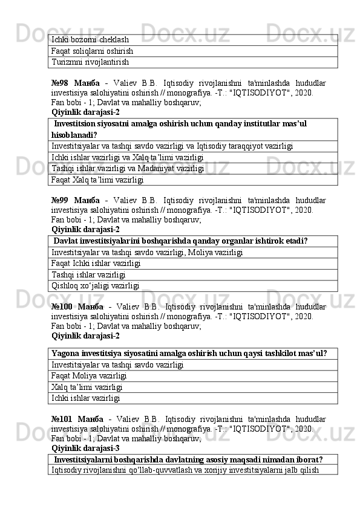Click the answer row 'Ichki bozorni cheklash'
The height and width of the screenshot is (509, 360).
coord(90,40)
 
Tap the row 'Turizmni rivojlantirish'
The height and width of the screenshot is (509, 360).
coord(90,62)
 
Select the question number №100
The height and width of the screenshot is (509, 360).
coord(64,306)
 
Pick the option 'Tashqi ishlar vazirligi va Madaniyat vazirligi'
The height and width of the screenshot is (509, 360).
coord(128,169)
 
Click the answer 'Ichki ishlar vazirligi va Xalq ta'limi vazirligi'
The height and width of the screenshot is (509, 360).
coord(127,157)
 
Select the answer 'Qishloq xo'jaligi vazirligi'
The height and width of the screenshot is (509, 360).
coord(96,285)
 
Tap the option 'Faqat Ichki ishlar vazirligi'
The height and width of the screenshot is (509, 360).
coord(97,264)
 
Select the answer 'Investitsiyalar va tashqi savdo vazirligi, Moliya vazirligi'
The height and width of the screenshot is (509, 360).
coord(148,252)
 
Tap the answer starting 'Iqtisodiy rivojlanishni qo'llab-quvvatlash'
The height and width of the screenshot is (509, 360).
coord(185,470)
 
